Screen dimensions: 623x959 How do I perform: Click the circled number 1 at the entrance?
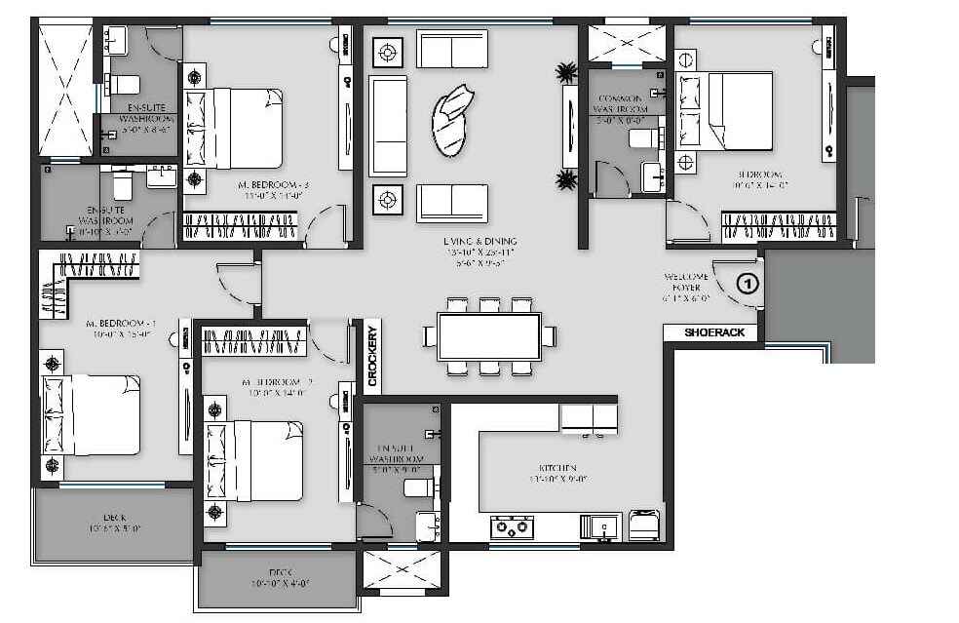coord(746,285)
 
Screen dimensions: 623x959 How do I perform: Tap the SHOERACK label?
coord(714,332)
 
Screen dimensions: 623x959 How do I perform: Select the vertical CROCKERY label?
coord(372,355)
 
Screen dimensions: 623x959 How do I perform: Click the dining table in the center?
coord(489,336)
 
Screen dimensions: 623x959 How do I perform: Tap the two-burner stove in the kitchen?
coord(511,526)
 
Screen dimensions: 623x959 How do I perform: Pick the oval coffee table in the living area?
coord(453,119)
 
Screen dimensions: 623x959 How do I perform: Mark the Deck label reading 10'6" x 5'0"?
coord(115,523)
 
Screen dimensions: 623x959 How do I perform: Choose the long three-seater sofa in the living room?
coord(388,126)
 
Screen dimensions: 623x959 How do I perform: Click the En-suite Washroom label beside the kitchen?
coord(397,457)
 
